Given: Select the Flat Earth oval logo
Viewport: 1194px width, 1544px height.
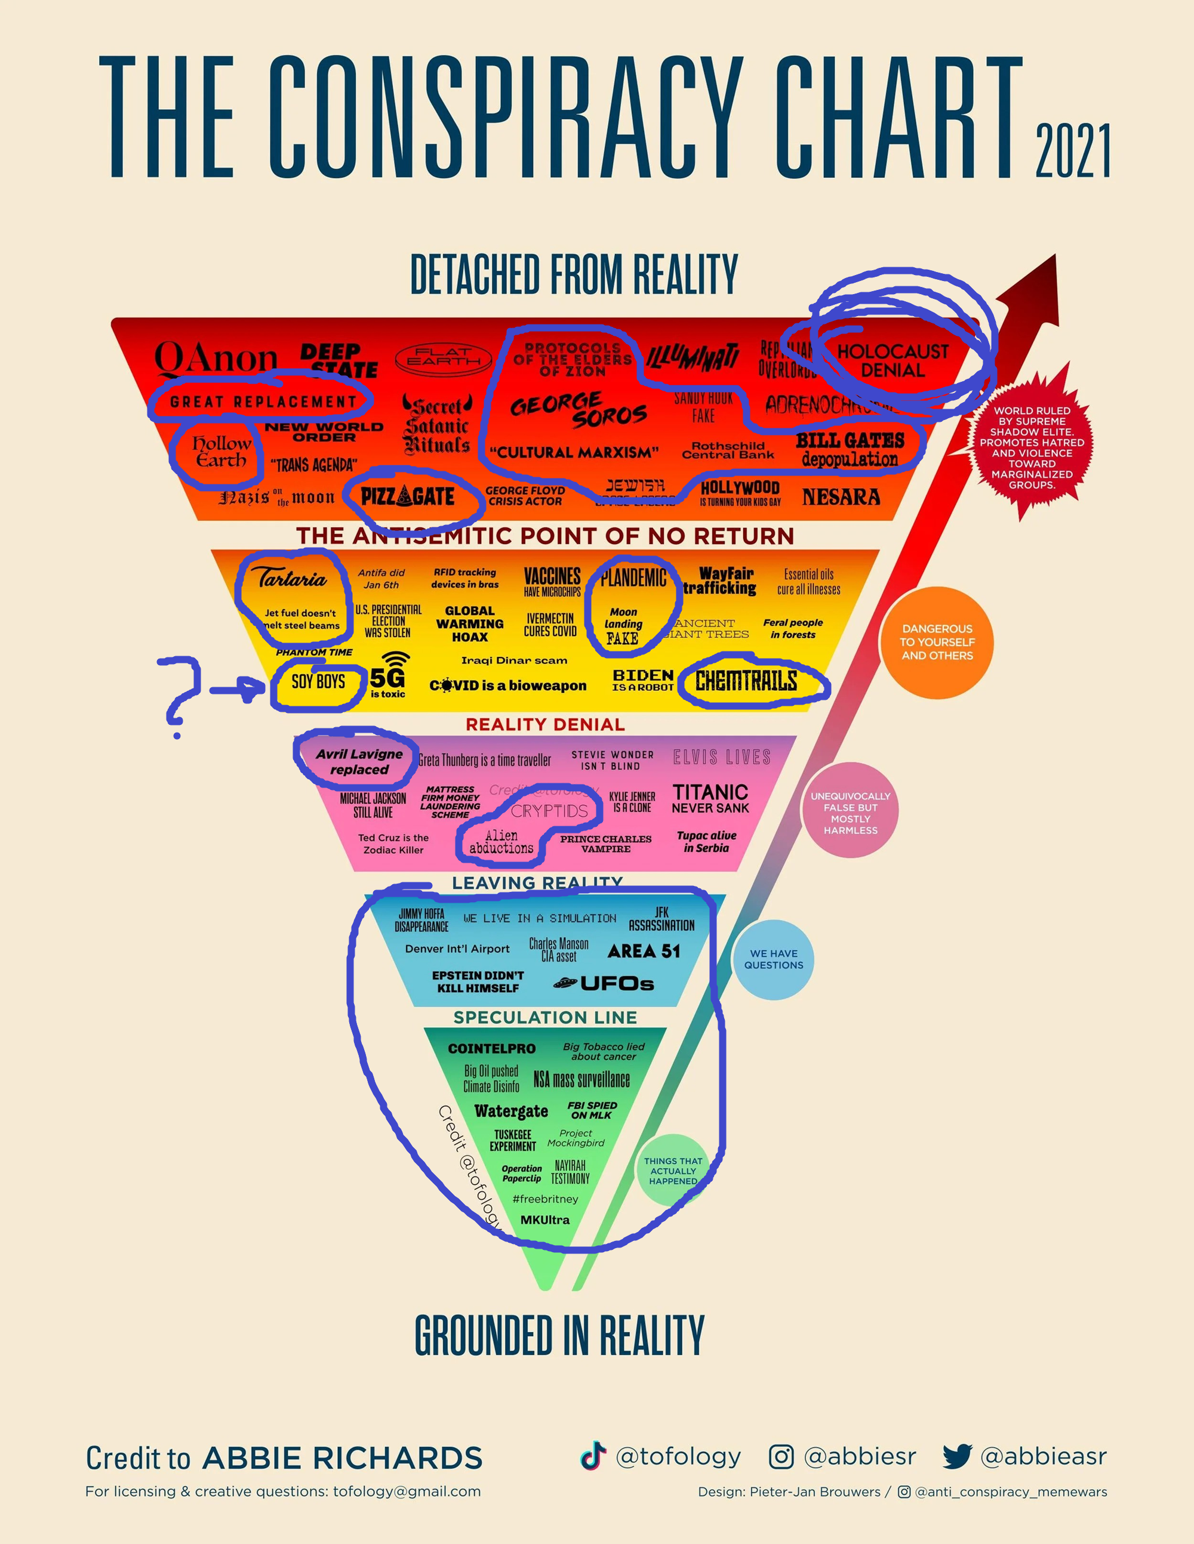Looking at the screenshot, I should click(x=443, y=357).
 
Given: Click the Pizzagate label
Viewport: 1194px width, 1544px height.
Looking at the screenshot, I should click(x=407, y=496).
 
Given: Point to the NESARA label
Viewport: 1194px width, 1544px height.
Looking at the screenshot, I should click(x=841, y=497).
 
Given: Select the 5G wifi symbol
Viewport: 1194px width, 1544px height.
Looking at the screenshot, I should click(x=397, y=660).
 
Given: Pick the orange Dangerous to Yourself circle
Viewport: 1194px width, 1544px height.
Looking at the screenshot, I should click(x=937, y=642).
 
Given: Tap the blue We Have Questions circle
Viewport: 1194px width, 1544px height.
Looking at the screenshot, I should click(x=773, y=959).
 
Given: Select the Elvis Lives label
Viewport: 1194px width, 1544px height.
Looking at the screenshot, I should click(x=722, y=757).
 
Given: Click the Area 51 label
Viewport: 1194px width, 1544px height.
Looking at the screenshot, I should click(x=644, y=951).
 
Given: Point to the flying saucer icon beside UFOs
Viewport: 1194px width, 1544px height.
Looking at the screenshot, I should click(x=565, y=983).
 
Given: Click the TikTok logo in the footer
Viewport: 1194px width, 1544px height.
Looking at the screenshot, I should click(x=593, y=1456).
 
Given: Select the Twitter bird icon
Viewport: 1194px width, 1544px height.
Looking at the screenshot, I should click(x=957, y=1456).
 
